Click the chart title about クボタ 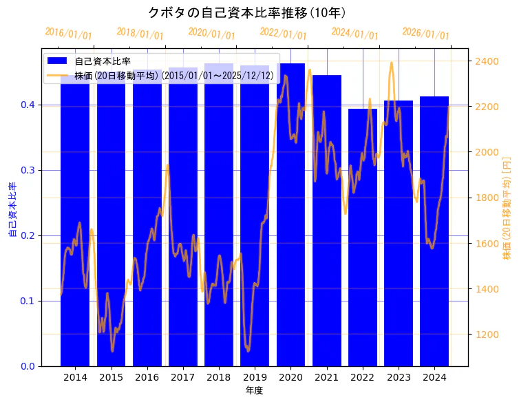click(247, 12)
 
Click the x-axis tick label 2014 click(75, 378)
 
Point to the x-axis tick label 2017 click(183, 378)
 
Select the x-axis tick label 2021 click(327, 378)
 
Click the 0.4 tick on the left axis click(28, 105)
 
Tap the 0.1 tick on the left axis click(28, 301)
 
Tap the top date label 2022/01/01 click(283, 34)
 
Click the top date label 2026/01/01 click(425, 34)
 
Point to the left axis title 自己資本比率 click(12, 210)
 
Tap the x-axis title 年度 click(254, 390)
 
